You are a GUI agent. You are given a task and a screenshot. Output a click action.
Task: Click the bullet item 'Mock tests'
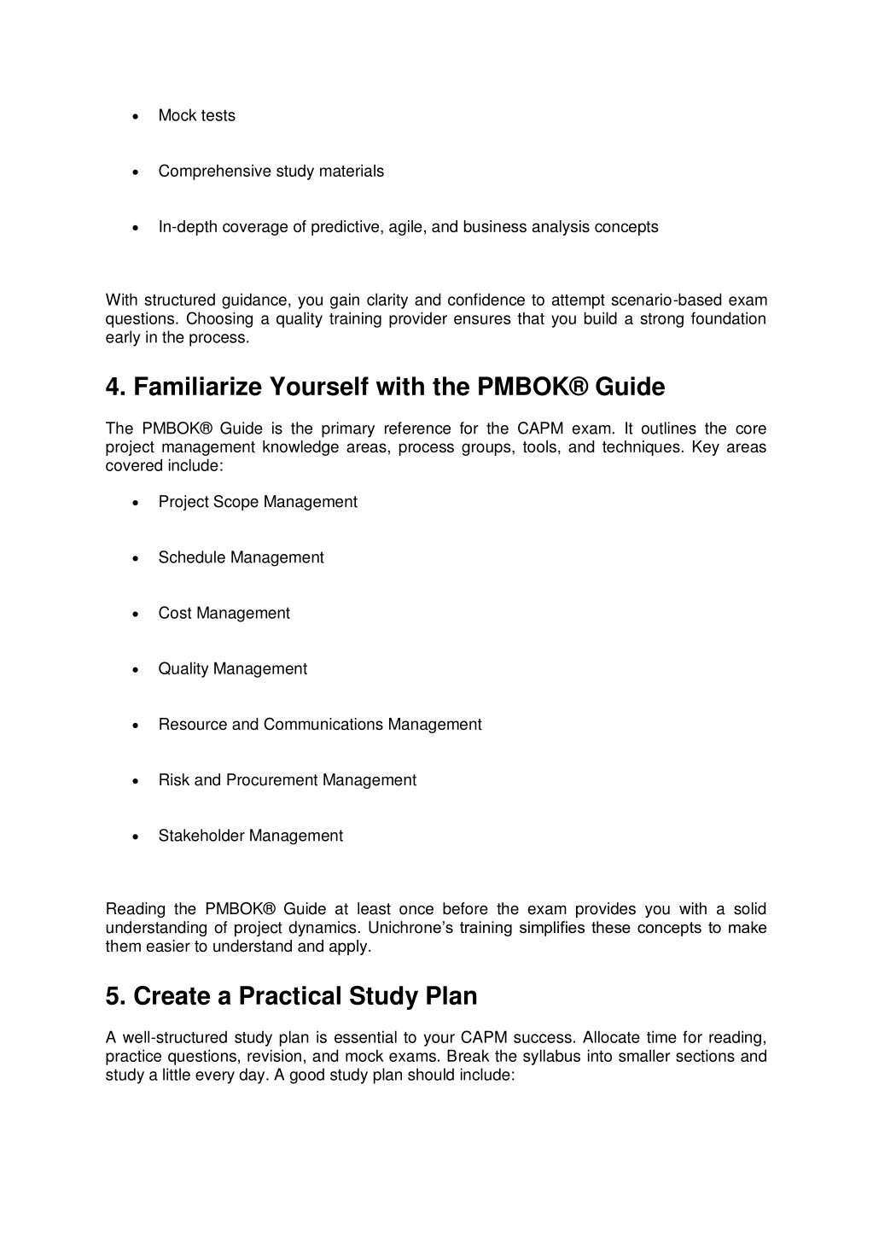(196, 116)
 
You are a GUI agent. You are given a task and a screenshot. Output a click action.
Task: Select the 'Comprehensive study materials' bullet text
(271, 172)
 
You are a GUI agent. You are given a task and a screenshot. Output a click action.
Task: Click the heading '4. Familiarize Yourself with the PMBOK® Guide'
(385, 388)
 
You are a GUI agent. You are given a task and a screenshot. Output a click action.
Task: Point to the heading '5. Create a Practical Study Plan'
(291, 996)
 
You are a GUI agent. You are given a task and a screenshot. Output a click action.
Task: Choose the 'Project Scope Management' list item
(257, 502)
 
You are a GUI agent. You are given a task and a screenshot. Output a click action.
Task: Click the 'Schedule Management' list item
(241, 557)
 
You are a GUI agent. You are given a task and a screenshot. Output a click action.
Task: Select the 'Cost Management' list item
(224, 613)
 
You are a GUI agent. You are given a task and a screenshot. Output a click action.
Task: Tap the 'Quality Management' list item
(232, 669)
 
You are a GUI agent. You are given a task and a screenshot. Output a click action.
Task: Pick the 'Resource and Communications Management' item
(319, 725)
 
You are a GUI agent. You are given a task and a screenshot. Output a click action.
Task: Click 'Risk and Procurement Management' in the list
(287, 780)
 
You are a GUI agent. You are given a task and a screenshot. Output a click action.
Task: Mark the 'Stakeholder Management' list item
(250, 836)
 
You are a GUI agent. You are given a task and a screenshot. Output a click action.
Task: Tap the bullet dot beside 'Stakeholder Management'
(137, 837)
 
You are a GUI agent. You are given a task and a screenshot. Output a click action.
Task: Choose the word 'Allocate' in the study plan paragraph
(611, 1038)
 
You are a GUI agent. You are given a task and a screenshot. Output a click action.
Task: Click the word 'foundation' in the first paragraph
(726, 319)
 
